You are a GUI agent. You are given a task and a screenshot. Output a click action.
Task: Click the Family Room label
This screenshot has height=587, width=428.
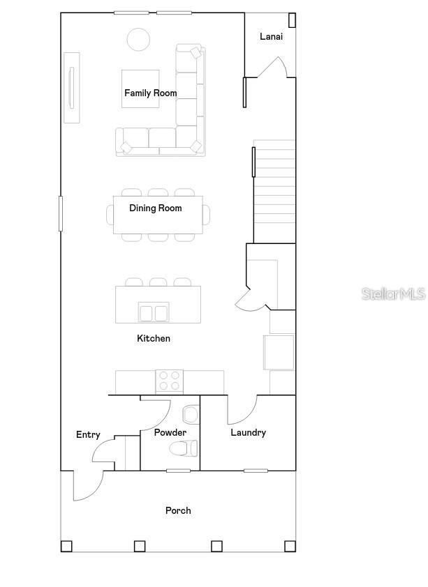(150, 93)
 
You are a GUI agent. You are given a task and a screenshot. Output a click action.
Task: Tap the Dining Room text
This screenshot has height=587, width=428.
(155, 208)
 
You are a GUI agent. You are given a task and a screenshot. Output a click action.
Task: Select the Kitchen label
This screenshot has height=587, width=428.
(153, 338)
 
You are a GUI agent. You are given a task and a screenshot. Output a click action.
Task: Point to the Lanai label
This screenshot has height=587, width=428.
(271, 36)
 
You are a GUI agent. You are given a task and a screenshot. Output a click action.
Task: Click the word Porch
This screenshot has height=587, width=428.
(178, 510)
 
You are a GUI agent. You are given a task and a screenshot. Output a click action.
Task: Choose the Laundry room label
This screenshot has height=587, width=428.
(248, 432)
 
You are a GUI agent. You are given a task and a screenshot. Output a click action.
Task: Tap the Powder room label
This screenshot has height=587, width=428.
(170, 432)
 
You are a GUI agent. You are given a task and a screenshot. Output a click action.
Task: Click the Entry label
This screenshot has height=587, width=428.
(88, 434)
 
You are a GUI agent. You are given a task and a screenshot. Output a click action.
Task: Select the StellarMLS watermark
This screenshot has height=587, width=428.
(393, 294)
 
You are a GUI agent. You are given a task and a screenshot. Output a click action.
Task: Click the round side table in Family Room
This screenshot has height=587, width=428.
(138, 39)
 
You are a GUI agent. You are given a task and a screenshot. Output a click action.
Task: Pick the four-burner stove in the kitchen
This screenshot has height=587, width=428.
(169, 381)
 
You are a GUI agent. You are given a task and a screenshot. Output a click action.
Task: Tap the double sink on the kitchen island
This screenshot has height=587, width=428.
(154, 312)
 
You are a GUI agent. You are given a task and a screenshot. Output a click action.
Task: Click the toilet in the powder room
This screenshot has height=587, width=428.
(184, 448)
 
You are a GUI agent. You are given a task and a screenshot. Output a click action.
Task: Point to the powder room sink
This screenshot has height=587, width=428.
(191, 415)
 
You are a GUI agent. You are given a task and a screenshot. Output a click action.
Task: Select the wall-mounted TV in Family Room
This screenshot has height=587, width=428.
(71, 87)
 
